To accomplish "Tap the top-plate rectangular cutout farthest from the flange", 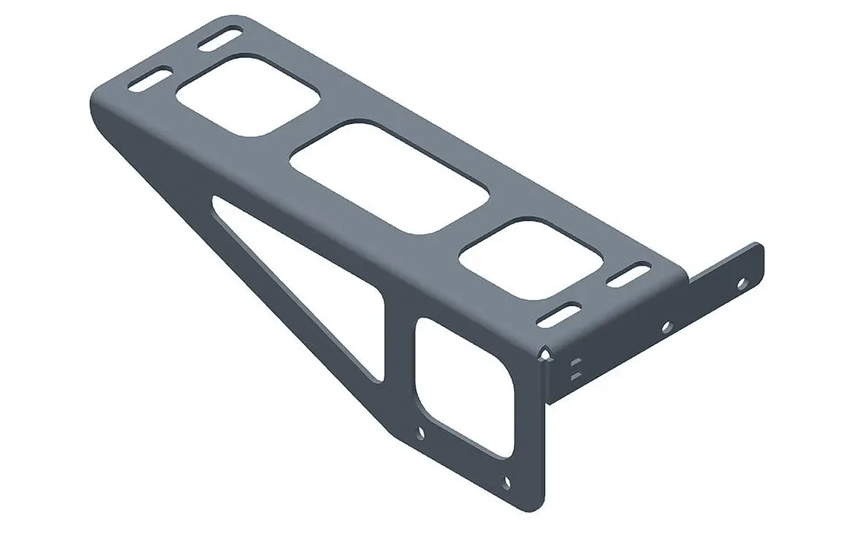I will pyautogui.click(x=247, y=96).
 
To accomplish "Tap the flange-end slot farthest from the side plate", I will pyautogui.click(x=629, y=275).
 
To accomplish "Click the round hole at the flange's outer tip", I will pyautogui.click(x=741, y=282).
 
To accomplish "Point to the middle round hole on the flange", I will pyautogui.click(x=666, y=327).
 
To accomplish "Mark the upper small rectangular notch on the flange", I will pyautogui.click(x=575, y=361).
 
